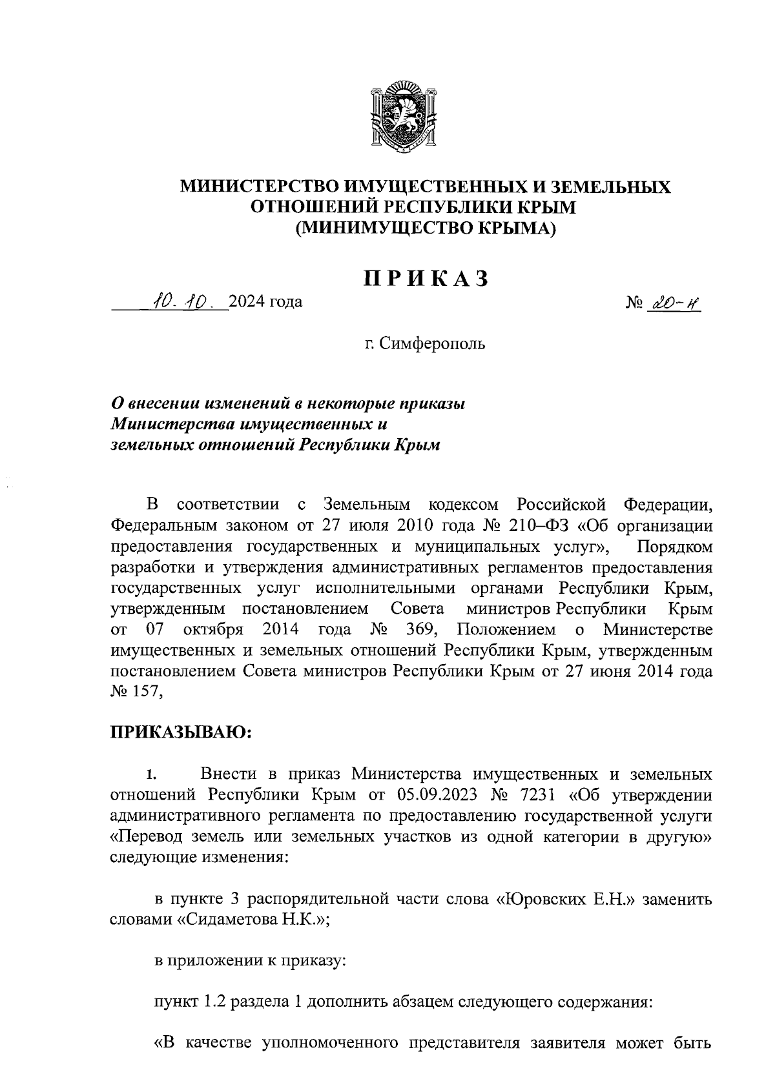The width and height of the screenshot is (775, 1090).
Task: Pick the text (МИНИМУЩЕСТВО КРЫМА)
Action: [426, 228]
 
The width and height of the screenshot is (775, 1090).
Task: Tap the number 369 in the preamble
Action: [421, 629]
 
